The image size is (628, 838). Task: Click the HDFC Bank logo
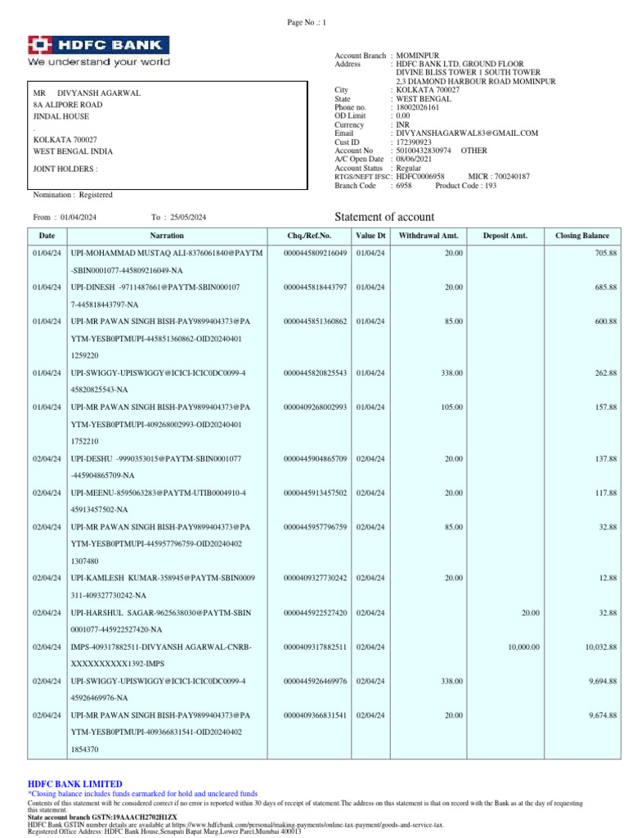tap(99, 51)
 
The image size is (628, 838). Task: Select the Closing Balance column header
tap(582, 236)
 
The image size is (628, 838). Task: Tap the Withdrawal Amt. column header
tap(428, 236)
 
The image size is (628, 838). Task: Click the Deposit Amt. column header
tap(505, 236)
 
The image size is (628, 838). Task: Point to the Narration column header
tap(167, 236)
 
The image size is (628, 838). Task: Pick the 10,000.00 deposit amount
tap(523, 647)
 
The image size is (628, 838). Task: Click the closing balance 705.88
tap(606, 254)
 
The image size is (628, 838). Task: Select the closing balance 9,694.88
tap(603, 681)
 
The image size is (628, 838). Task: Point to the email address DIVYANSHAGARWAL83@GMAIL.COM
tap(467, 133)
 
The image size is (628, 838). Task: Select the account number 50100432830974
tap(424, 151)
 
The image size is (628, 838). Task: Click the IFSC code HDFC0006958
tap(420, 177)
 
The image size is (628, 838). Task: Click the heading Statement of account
tap(384, 217)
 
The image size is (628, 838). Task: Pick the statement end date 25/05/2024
tap(188, 217)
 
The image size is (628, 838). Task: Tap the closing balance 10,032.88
tap(601, 647)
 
